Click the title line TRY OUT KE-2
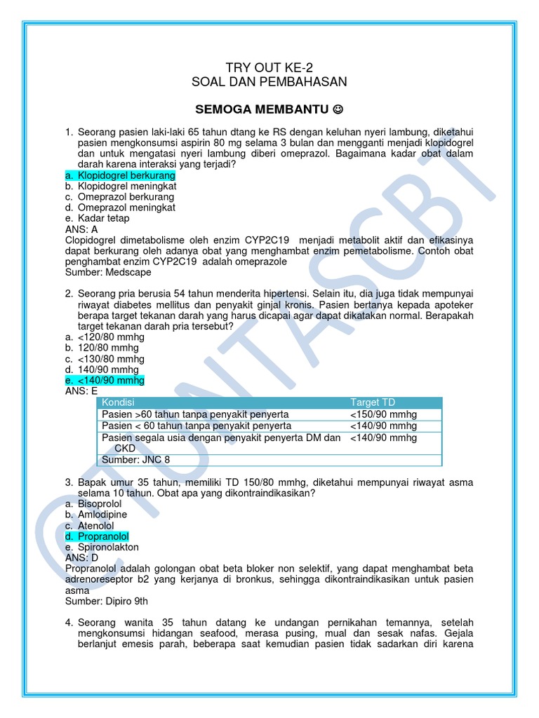coord(269,67)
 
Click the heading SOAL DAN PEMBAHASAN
coord(269,82)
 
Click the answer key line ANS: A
coord(81,229)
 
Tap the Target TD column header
coord(373,402)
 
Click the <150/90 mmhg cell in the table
coord(383,414)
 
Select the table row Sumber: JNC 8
coord(136,460)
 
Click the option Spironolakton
coord(109,547)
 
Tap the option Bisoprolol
coord(100,504)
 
